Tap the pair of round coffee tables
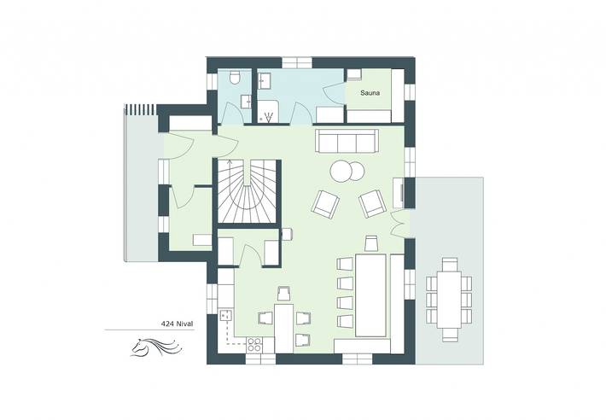point(346,171)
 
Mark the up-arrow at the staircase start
point(230,163)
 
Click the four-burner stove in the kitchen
point(254,346)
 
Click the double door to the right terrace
point(396,223)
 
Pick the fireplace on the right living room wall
point(399,192)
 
